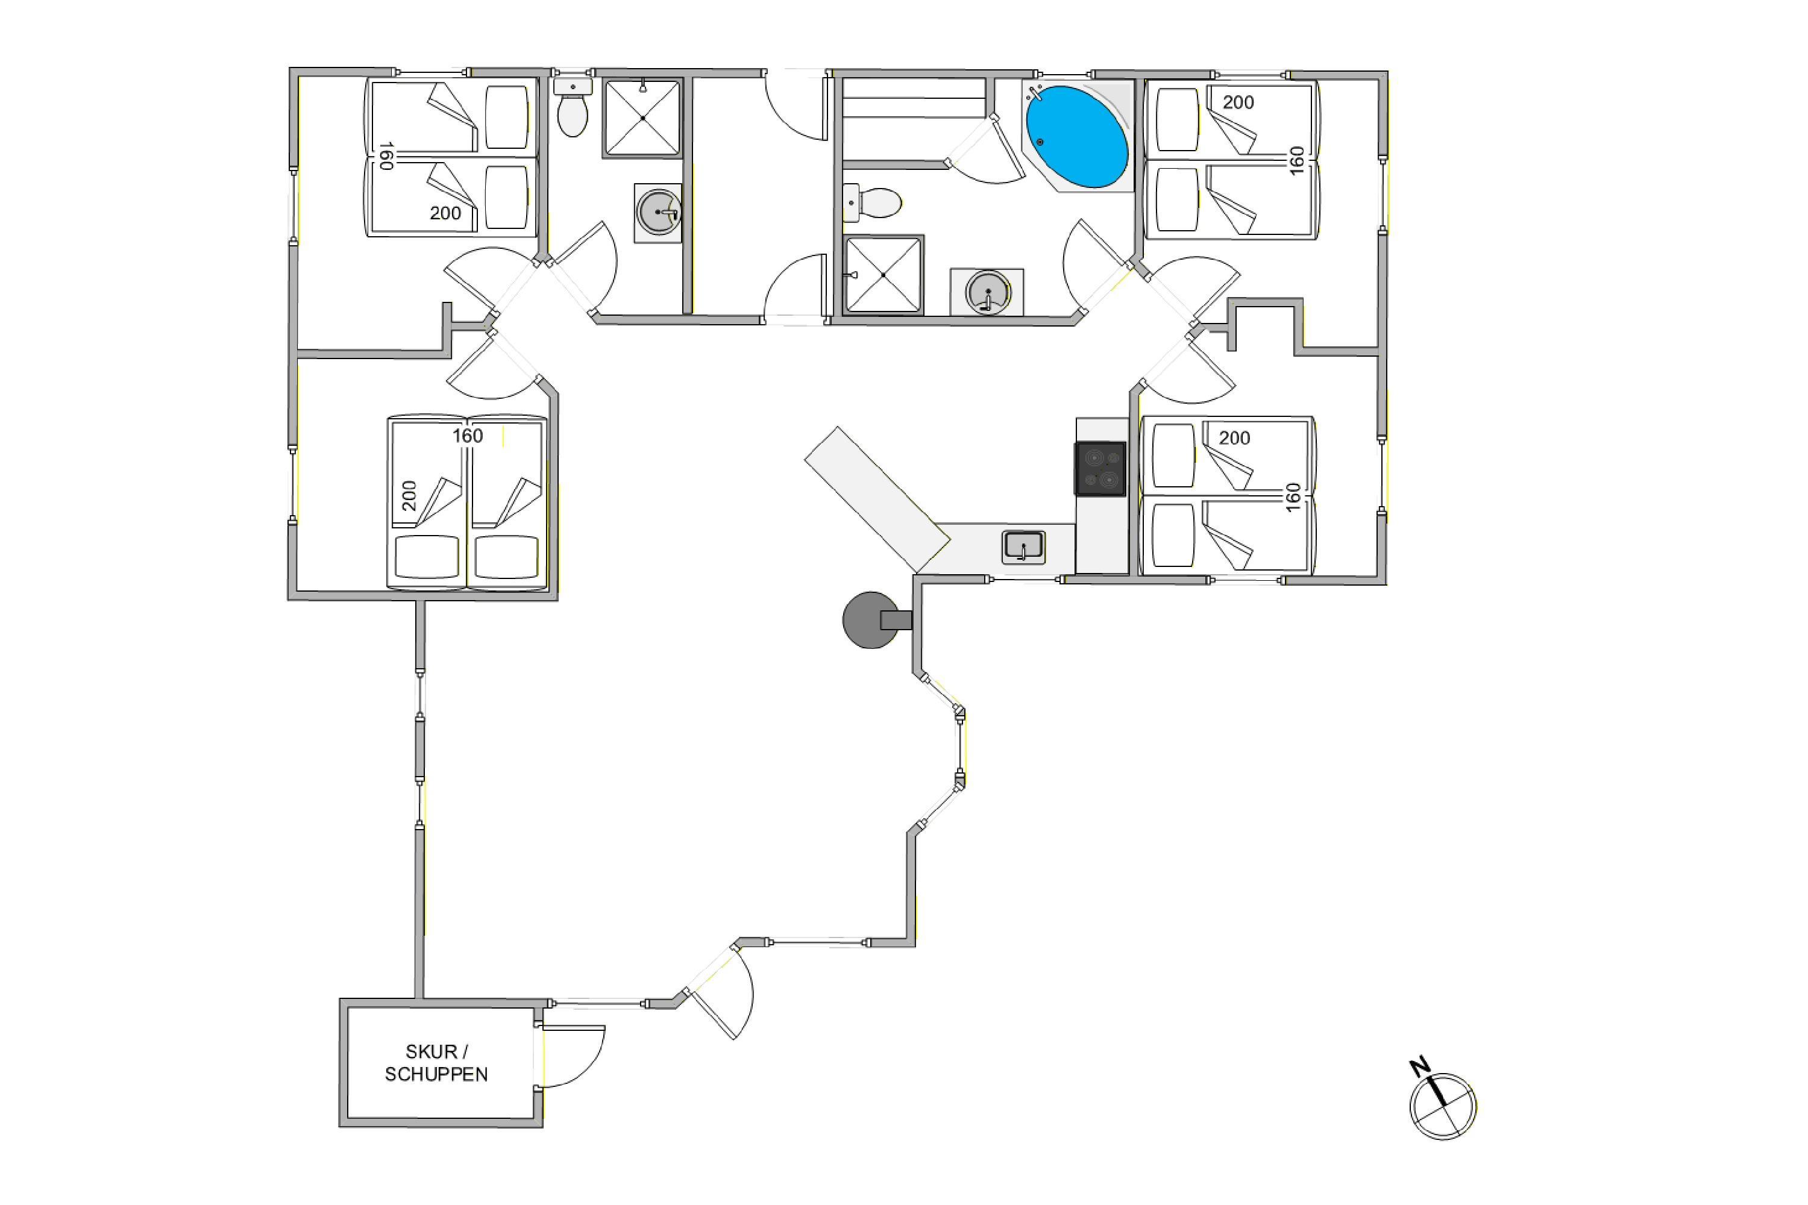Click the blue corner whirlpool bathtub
pyautogui.click(x=1078, y=137)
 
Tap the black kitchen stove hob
pyautogui.click(x=1100, y=468)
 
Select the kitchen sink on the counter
pyautogui.click(x=1023, y=546)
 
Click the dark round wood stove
pyautogui.click(x=871, y=619)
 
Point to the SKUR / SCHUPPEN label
pyautogui.click(x=436, y=1063)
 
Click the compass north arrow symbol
pyautogui.click(x=1443, y=1106)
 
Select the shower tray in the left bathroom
pyautogui.click(x=642, y=117)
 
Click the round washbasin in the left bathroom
pyautogui.click(x=659, y=212)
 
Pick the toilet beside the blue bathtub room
pyautogui.click(x=873, y=204)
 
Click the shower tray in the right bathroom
pyautogui.click(x=884, y=274)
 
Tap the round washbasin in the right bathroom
pyautogui.click(x=987, y=292)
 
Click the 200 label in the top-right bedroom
pyautogui.click(x=1238, y=102)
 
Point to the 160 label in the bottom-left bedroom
pyautogui.click(x=468, y=436)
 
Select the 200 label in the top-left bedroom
pyautogui.click(x=445, y=213)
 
